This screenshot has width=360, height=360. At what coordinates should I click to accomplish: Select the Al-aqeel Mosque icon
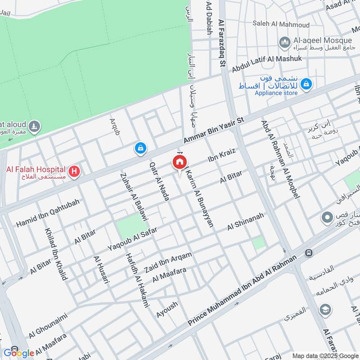pyautogui.click(x=284, y=43)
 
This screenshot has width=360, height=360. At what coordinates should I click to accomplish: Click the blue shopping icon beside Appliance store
pyautogui.click(x=306, y=84)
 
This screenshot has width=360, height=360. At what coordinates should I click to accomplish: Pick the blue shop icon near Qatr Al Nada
pyautogui.click(x=141, y=148)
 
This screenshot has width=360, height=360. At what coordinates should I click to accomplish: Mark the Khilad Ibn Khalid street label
pyautogui.click(x=55, y=254)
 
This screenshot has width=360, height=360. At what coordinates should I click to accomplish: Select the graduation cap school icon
pyautogui.click(x=324, y=310)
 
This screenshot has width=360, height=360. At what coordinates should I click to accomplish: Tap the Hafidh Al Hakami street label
pyautogui.click(x=138, y=285)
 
